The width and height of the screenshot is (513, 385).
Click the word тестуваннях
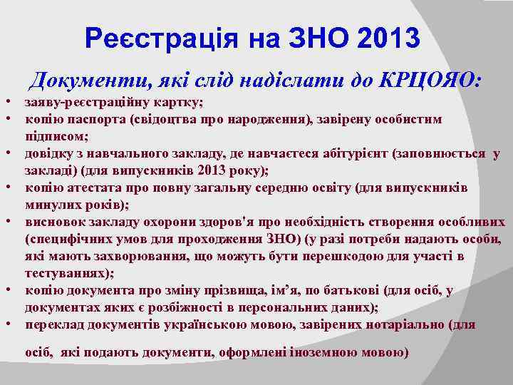[62, 272]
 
